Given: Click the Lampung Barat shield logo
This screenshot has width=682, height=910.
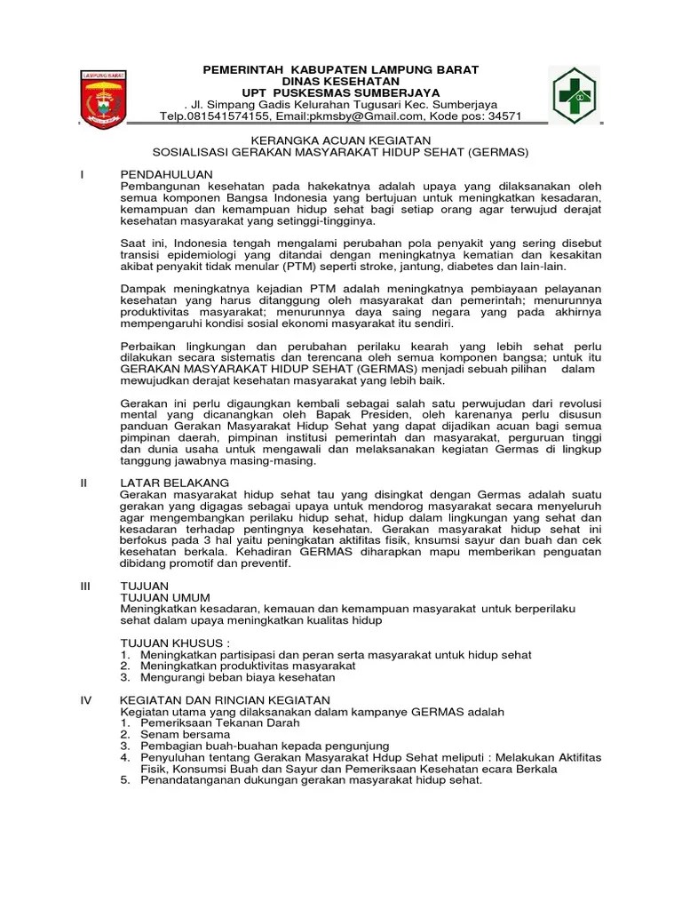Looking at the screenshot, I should [x=106, y=95].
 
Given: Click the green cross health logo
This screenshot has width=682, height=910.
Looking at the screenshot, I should [x=574, y=94].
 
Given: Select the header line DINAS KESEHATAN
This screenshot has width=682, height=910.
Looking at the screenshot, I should [x=342, y=81].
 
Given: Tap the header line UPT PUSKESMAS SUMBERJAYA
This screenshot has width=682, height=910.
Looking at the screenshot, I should [x=342, y=92].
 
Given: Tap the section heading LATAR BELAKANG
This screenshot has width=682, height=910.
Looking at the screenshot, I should [x=169, y=482].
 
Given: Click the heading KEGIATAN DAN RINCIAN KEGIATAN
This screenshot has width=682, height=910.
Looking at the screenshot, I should [x=225, y=700].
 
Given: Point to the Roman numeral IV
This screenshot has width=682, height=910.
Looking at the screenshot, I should [x=86, y=700].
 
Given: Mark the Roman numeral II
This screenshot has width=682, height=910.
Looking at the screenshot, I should [x=83, y=482].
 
